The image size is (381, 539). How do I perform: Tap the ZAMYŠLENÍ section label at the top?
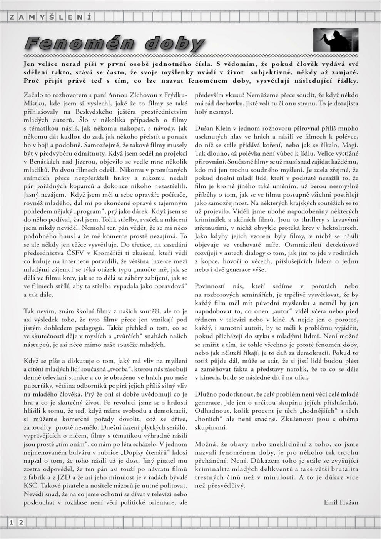(50, 17)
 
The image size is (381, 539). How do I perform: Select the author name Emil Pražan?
(341, 502)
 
